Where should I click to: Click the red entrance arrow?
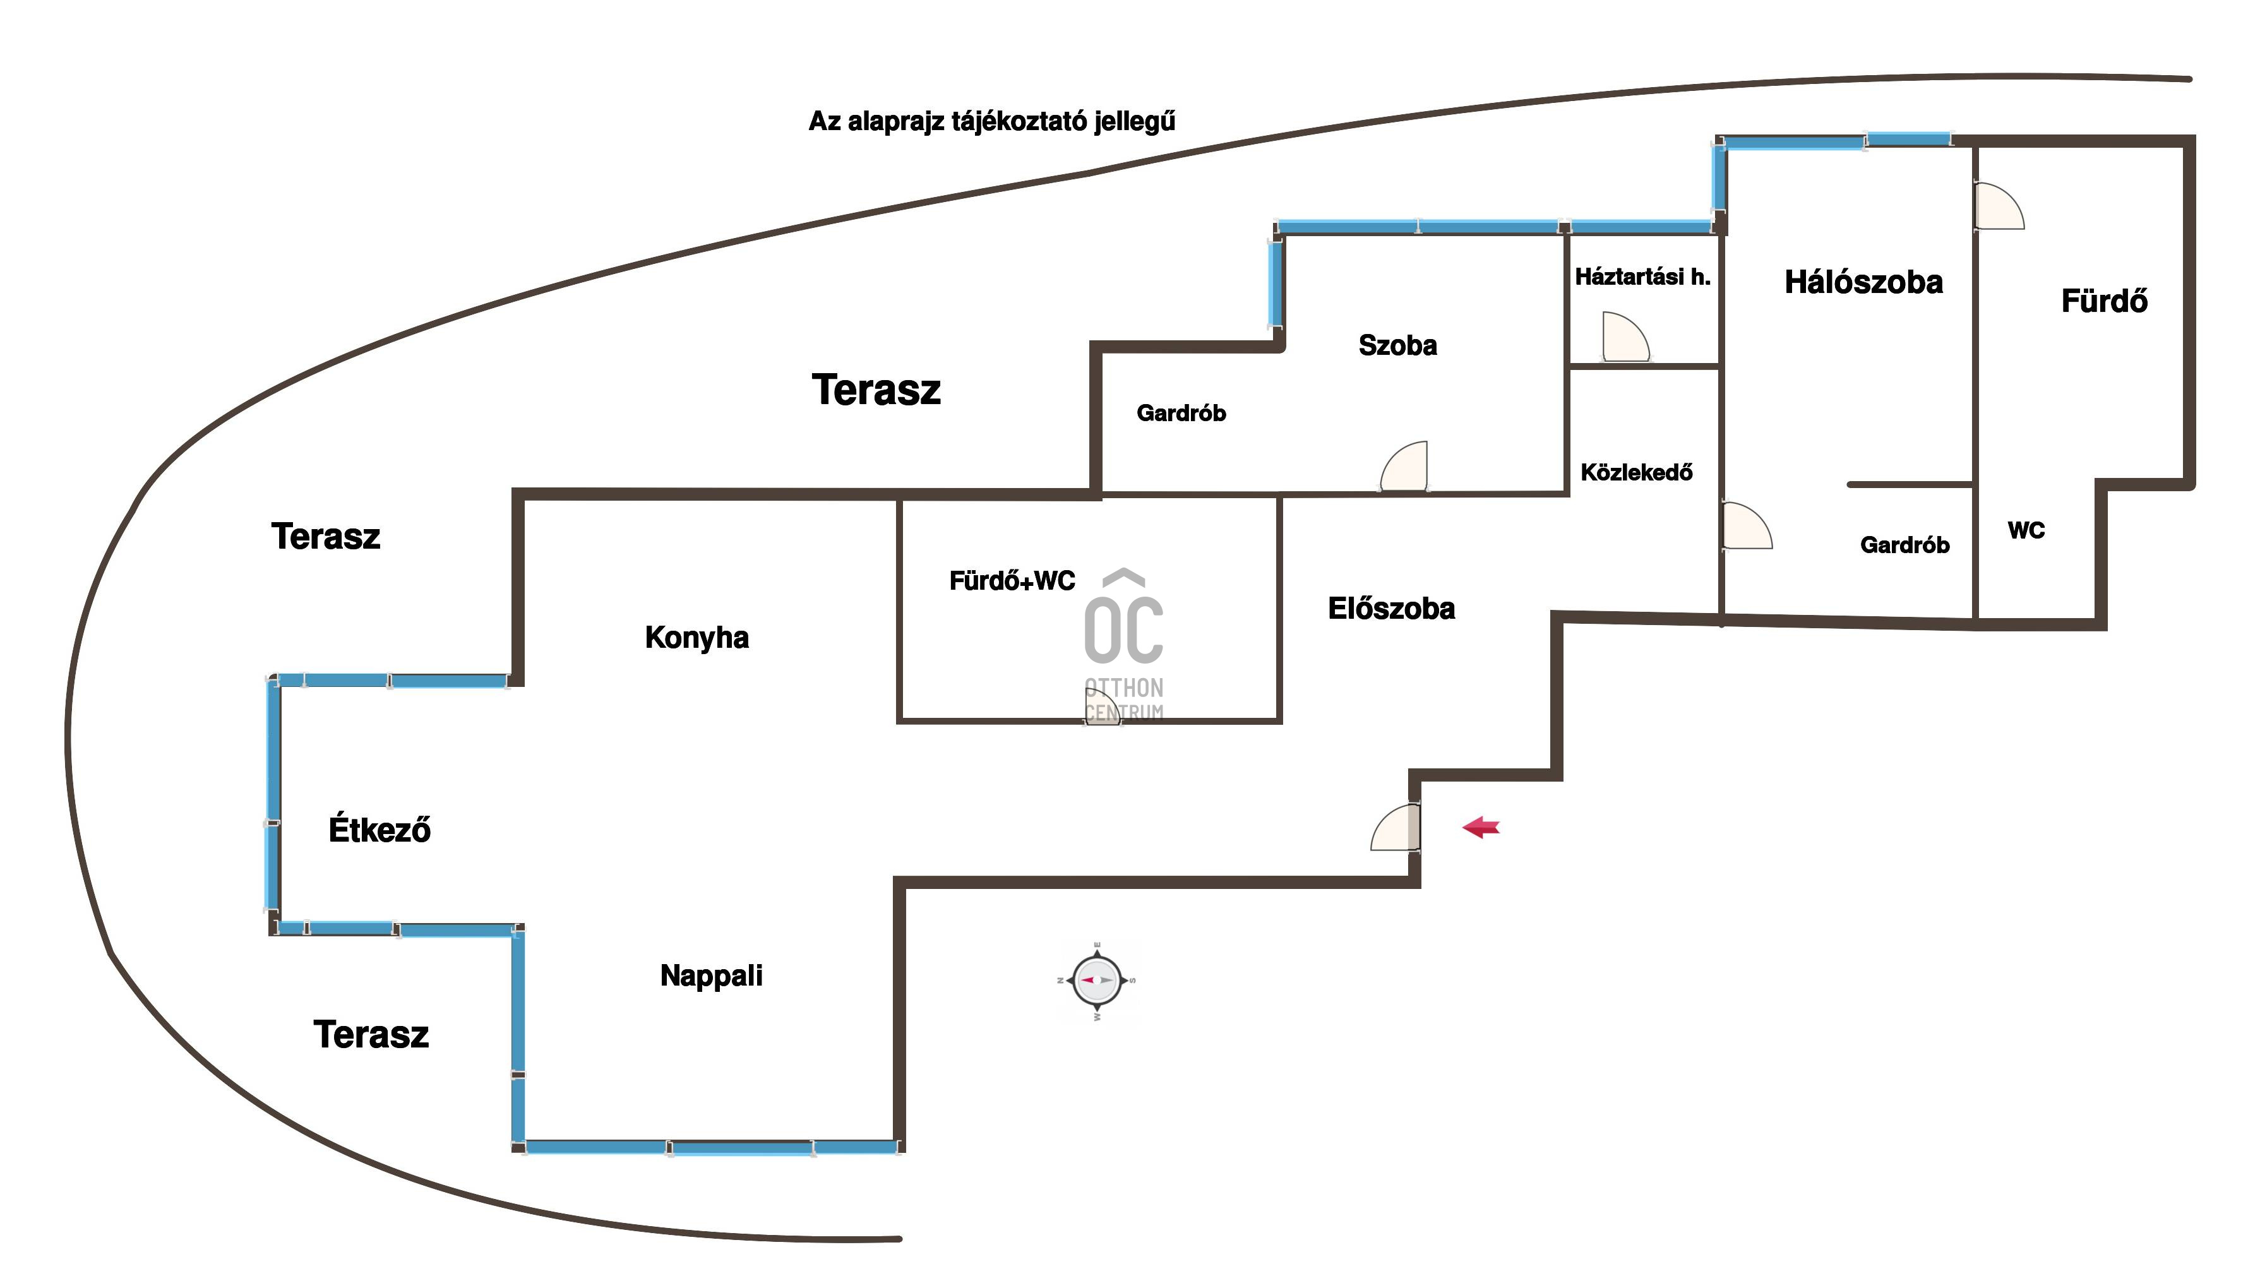pyautogui.click(x=1481, y=828)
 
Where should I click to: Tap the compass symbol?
pyautogui.click(x=1097, y=980)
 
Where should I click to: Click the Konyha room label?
pyautogui.click(x=697, y=637)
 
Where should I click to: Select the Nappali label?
pyautogui.click(x=711, y=975)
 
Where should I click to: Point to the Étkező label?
pyautogui.click(x=380, y=830)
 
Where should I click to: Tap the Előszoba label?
pyautogui.click(x=1390, y=609)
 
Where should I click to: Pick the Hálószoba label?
pyautogui.click(x=1863, y=282)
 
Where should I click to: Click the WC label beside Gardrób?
pyautogui.click(x=2026, y=531)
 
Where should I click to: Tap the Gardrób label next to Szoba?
pyautogui.click(x=1181, y=413)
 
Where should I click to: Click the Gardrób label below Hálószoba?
pyautogui.click(x=1904, y=545)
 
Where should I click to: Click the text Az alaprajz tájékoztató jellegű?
pyautogui.click(x=992, y=121)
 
